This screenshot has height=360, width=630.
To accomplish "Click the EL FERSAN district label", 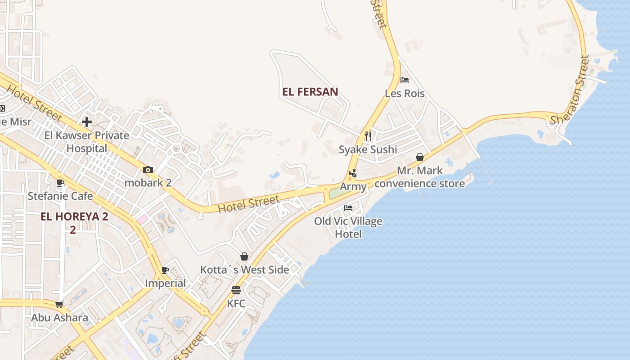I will tap(310, 92).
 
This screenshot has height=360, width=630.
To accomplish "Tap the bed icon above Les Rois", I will tap(405, 80).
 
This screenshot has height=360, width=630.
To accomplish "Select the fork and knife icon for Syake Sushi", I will tap(368, 136).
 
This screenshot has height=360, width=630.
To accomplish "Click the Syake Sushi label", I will tap(368, 149).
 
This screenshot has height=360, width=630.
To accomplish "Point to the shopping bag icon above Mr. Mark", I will tap(420, 157).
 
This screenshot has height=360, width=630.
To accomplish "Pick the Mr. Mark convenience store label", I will tap(420, 177).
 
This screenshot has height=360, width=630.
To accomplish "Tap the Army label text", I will tap(353, 186).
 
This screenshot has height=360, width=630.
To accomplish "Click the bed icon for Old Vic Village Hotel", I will tap(348, 207).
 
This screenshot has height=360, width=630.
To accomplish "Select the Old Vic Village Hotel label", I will tap(348, 227).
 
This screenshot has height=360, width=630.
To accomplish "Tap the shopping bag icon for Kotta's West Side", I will tap(244, 256).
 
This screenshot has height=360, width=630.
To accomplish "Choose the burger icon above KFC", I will tap(236, 290).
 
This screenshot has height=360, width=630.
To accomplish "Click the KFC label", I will tap(236, 304).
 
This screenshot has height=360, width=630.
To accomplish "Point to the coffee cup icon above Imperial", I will tap(165, 270).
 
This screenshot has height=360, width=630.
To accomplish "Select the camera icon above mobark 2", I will tap(148, 170).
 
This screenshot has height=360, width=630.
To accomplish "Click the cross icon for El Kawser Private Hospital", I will tap(87, 121).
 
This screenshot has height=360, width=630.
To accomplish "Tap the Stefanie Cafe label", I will tap(60, 196).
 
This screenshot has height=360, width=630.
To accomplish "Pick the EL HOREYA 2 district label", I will tap(74, 216).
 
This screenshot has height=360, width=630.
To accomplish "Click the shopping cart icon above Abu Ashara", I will tap(59, 304).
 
